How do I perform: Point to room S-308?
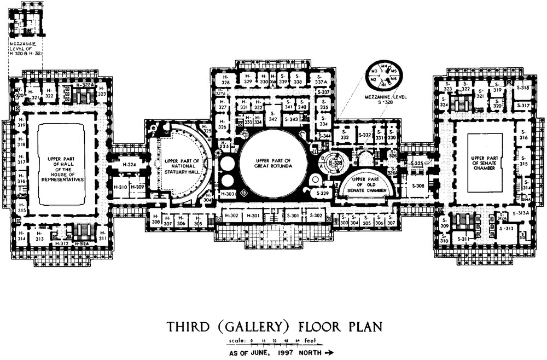tap(418, 187)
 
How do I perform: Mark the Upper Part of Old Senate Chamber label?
tap(365, 184)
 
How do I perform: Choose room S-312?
tap(508, 228)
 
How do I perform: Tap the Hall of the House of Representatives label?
tap(61, 164)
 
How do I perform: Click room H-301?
tap(253, 216)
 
